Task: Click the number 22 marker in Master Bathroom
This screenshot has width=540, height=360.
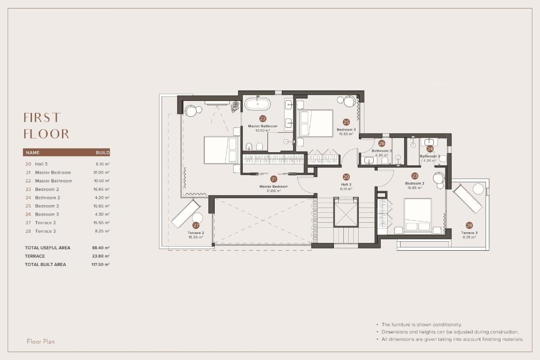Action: pyautogui.click(x=263, y=119)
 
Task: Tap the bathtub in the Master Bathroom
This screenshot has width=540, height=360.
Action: pyautogui.click(x=258, y=104)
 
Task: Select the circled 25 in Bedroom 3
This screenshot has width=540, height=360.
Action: pyautogui.click(x=346, y=122)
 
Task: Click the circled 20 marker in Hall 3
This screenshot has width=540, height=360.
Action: pyautogui.click(x=346, y=177)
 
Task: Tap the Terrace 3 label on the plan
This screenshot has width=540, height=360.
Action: pyautogui.click(x=469, y=233)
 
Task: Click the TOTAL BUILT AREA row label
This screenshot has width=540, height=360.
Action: pyautogui.click(x=45, y=265)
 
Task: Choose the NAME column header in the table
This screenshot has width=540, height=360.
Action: pyautogui.click(x=33, y=153)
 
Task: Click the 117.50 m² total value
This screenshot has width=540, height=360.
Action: pyautogui.click(x=100, y=265)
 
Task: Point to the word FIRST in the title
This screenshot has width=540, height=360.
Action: pyautogui.click(x=41, y=118)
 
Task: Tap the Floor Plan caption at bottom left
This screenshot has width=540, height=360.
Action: pyautogui.click(x=40, y=342)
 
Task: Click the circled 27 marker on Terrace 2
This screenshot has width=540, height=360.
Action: pyautogui.click(x=196, y=225)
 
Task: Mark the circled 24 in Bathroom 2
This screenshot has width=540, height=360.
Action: pyautogui.click(x=430, y=148)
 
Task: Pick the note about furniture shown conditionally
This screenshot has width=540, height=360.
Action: pyautogui.click(x=421, y=324)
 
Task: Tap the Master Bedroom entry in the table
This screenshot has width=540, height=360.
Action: pyautogui.click(x=53, y=173)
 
